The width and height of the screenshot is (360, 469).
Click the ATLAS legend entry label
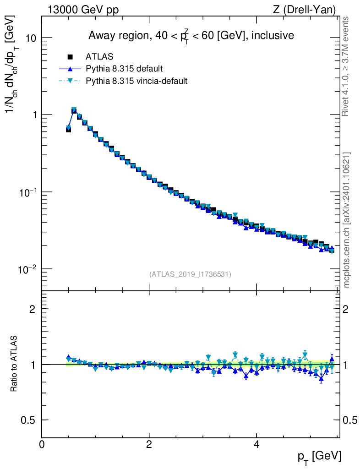pyautogui.click(x=99, y=56)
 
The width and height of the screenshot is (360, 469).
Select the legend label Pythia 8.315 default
pyautogui.click(x=124, y=69)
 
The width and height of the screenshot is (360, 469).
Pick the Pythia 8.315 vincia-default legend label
pyautogui.click(x=136, y=81)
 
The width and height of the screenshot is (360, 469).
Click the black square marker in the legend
pyautogui.click(x=70, y=56)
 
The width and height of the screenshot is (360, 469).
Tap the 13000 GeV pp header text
pyautogui.click(x=83, y=10)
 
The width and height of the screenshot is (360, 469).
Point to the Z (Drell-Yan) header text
pyautogui.click(x=304, y=10)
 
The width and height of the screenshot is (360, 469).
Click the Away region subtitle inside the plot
pyautogui.click(x=191, y=36)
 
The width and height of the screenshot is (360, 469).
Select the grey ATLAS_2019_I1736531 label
pyautogui.click(x=190, y=274)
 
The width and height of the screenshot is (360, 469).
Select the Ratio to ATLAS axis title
pyautogui.click(x=14, y=364)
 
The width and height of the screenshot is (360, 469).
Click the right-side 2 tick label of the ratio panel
pyautogui.click(x=346, y=309)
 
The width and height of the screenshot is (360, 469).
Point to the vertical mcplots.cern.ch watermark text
pyautogui.click(x=347, y=220)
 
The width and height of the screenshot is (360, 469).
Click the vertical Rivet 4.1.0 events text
pyautogui.click(x=345, y=66)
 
